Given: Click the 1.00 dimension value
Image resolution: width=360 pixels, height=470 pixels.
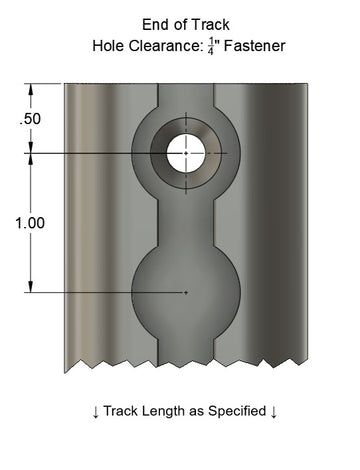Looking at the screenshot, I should (30, 224).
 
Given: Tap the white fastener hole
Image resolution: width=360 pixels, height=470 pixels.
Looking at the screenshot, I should (187, 152).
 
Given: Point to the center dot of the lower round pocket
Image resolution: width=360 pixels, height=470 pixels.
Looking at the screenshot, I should (187, 292).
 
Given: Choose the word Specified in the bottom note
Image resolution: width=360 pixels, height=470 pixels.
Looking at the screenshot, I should (232, 411).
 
